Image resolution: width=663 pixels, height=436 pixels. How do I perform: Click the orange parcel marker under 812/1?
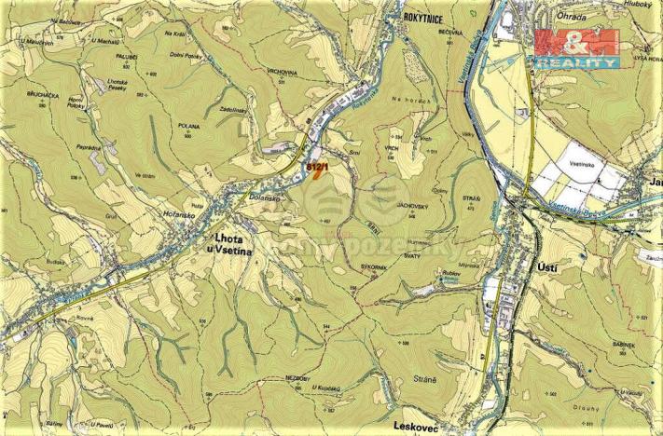coord(320,176)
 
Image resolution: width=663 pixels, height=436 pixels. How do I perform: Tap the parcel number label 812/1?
coord(317,165)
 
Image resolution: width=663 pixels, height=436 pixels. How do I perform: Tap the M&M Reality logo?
coord(576,47)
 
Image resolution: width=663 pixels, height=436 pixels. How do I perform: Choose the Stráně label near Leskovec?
coord(425,380)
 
